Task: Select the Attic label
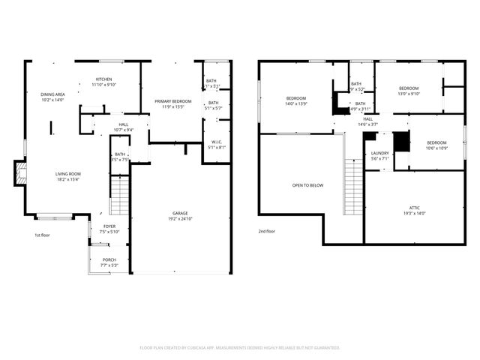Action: tap(415, 210)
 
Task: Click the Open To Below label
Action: tap(308, 185)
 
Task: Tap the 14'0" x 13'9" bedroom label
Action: tap(296, 100)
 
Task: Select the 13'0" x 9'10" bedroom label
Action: tap(409, 91)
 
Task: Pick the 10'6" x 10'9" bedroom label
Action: tap(436, 145)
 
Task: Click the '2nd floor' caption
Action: tap(266, 231)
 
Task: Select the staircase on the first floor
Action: tap(120, 196)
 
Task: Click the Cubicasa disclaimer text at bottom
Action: tap(240, 347)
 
